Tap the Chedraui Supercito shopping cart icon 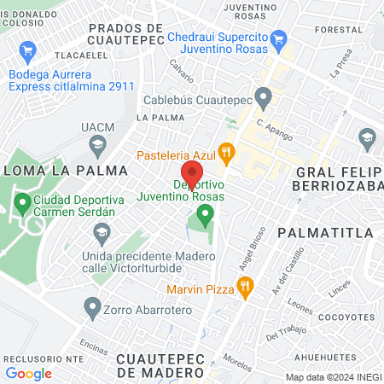[277, 39]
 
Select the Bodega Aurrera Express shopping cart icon [28, 49]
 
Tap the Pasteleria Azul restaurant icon [225, 154]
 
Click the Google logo [29, 373]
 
